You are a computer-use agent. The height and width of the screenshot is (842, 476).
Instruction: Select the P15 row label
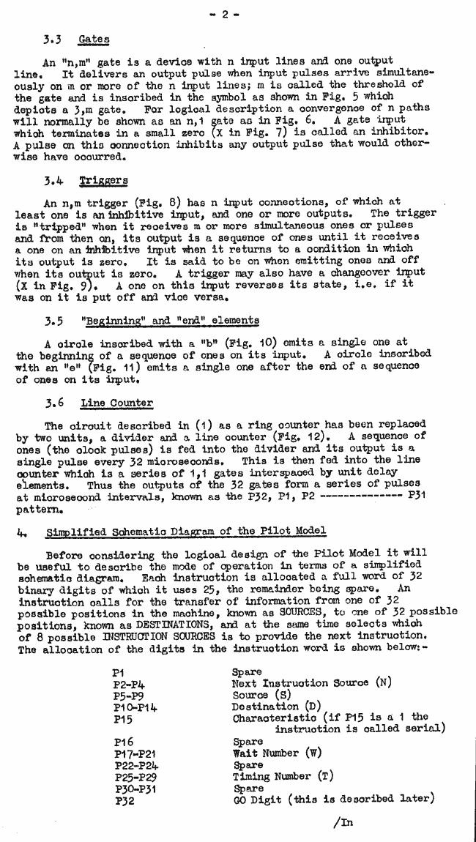123,719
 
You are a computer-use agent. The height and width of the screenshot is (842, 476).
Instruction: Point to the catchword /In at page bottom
342,821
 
